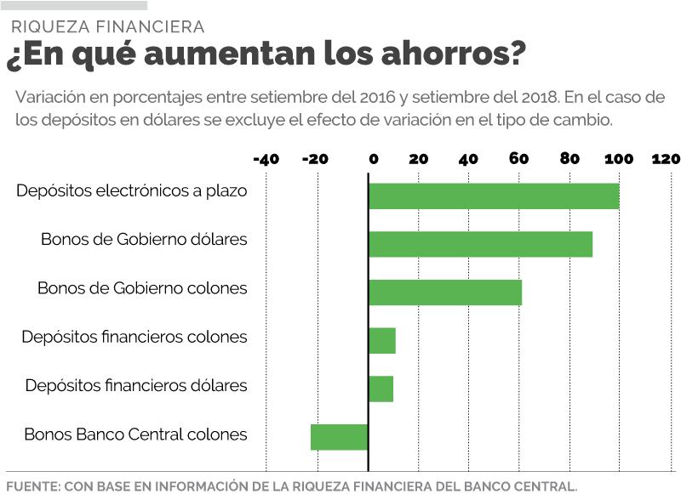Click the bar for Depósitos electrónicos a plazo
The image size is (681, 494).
point(494,196)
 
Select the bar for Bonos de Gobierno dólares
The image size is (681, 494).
point(480,244)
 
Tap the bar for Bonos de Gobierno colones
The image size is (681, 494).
point(444,292)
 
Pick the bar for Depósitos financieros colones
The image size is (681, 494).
point(382,341)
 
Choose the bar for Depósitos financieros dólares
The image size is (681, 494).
point(381,389)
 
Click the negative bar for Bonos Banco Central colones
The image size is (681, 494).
point(339,437)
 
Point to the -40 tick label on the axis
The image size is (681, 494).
point(266,159)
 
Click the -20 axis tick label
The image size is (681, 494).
point(316,159)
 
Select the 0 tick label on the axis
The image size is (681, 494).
point(372,159)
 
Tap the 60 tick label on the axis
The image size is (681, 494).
point(518,159)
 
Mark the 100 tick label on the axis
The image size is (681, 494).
point(618,159)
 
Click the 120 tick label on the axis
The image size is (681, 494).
point(666,159)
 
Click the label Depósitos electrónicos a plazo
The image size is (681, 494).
point(132,191)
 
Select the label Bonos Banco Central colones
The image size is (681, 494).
point(135,434)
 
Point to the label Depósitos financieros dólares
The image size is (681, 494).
point(136,386)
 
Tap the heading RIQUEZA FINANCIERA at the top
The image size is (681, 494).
point(108,27)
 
